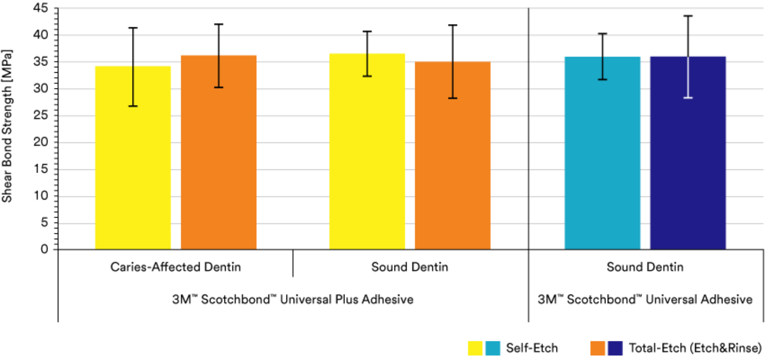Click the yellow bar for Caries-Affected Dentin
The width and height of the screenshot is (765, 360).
click(133, 170)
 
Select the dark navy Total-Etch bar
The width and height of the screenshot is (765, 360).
click(688, 170)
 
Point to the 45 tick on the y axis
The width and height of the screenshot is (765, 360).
click(41, 8)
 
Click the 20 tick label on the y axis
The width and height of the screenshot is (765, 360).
click(41, 142)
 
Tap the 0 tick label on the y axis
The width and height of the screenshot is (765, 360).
click(44, 249)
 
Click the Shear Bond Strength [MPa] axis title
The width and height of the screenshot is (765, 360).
click(7, 126)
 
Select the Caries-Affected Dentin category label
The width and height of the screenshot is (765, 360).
click(176, 267)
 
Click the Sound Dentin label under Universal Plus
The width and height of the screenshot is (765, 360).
click(410, 267)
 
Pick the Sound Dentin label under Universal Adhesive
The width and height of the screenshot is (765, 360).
click(645, 267)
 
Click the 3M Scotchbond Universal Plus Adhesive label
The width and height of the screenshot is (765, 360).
click(292, 299)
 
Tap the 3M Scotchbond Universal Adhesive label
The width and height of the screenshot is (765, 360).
click(645, 299)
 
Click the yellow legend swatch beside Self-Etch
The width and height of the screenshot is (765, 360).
click(475, 348)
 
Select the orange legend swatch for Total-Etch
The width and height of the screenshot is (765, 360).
click(598, 348)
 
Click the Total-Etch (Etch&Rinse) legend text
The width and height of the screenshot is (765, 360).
click(695, 348)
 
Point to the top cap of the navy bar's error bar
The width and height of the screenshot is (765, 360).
click(688, 16)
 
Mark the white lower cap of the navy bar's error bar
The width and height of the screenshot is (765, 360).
click(688, 98)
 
